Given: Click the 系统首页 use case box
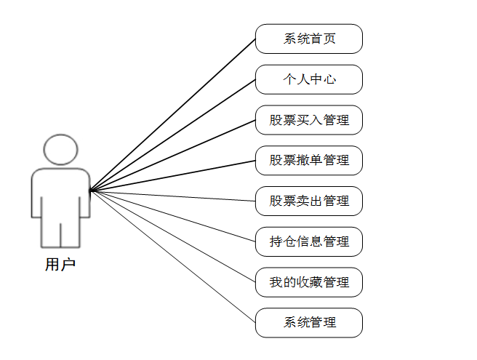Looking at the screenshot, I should click(x=308, y=39).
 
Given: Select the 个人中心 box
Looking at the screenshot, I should click(x=308, y=79).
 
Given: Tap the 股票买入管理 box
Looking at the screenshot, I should click(x=308, y=120).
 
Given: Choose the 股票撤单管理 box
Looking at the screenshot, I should click(x=308, y=160).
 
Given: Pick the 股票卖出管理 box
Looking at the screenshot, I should click(x=308, y=201).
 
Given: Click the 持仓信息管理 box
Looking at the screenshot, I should click(x=308, y=241).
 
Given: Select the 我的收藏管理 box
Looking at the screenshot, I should click(x=308, y=282).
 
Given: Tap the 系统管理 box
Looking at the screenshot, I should click(x=308, y=322).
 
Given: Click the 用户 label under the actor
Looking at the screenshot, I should click(x=60, y=265).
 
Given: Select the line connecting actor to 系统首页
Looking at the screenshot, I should click(x=172, y=115).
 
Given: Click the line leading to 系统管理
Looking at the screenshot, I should click(x=172, y=257).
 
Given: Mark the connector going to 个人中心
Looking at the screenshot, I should click(x=172, y=135).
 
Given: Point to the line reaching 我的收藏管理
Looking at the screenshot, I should click(x=172, y=236).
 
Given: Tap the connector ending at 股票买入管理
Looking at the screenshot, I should click(x=172, y=156).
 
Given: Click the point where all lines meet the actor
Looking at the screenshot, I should click(x=90, y=191).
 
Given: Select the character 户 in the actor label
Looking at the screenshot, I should click(x=68, y=265).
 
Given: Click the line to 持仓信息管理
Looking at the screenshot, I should click(x=172, y=216).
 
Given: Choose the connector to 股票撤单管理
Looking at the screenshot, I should click(x=172, y=175).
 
